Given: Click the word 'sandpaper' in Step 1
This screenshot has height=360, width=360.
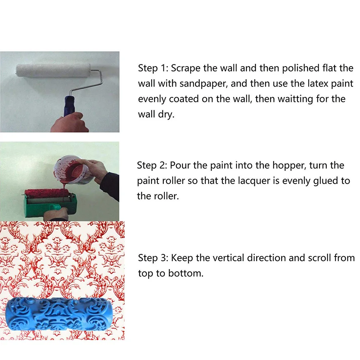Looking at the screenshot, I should pyautogui.click(x=203, y=84).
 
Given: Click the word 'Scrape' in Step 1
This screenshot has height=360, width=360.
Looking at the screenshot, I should pyautogui.click(x=186, y=68).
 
